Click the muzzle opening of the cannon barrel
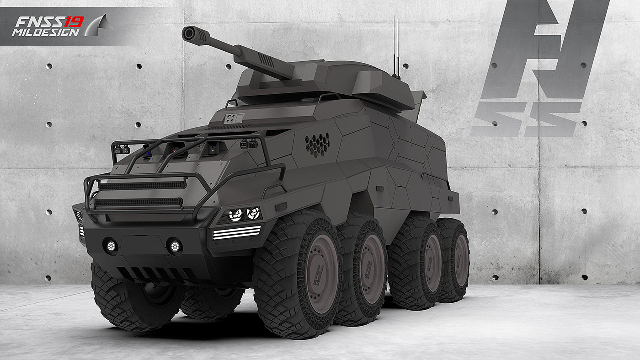(x=188, y=33)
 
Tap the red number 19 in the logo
(x=74, y=22)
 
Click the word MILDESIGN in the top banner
(x=46, y=32)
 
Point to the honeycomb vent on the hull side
(x=317, y=145)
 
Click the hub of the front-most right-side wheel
(x=322, y=274)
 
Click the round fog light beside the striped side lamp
(x=175, y=246)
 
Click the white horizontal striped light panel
(x=237, y=232)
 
